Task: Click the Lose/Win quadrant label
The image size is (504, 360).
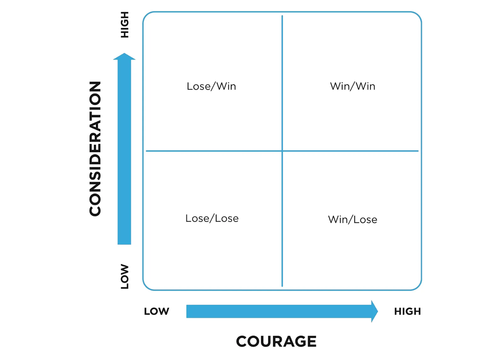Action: point(211,86)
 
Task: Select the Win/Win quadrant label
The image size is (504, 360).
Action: point(352,86)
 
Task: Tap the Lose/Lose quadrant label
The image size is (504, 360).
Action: point(212,218)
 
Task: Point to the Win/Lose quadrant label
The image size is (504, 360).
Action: point(352,220)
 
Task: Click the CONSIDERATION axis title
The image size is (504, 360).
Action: point(95,149)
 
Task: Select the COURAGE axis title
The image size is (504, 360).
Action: point(276,341)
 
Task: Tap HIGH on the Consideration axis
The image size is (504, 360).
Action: point(125,25)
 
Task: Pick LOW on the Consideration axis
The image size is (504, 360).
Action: point(125,277)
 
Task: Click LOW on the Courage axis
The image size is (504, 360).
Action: point(156,311)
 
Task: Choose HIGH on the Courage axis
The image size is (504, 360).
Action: point(407,311)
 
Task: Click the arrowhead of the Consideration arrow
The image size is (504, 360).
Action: point(124,57)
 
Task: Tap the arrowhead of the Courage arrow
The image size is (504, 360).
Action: point(374,311)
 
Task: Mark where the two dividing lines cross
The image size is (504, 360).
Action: point(282,151)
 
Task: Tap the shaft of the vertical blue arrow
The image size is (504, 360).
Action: point(124,151)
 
